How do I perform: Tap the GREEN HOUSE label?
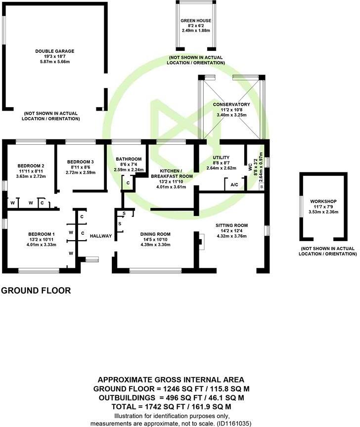197,21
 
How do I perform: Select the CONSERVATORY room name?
231,105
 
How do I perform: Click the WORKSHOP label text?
323,202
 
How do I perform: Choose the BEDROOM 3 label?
80,162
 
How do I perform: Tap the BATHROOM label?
129,159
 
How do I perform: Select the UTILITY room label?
221,157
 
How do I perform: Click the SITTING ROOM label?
231,225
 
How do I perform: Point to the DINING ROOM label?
155,234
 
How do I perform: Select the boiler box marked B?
262,187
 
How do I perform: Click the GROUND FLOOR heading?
36,291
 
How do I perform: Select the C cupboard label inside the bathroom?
128,183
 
